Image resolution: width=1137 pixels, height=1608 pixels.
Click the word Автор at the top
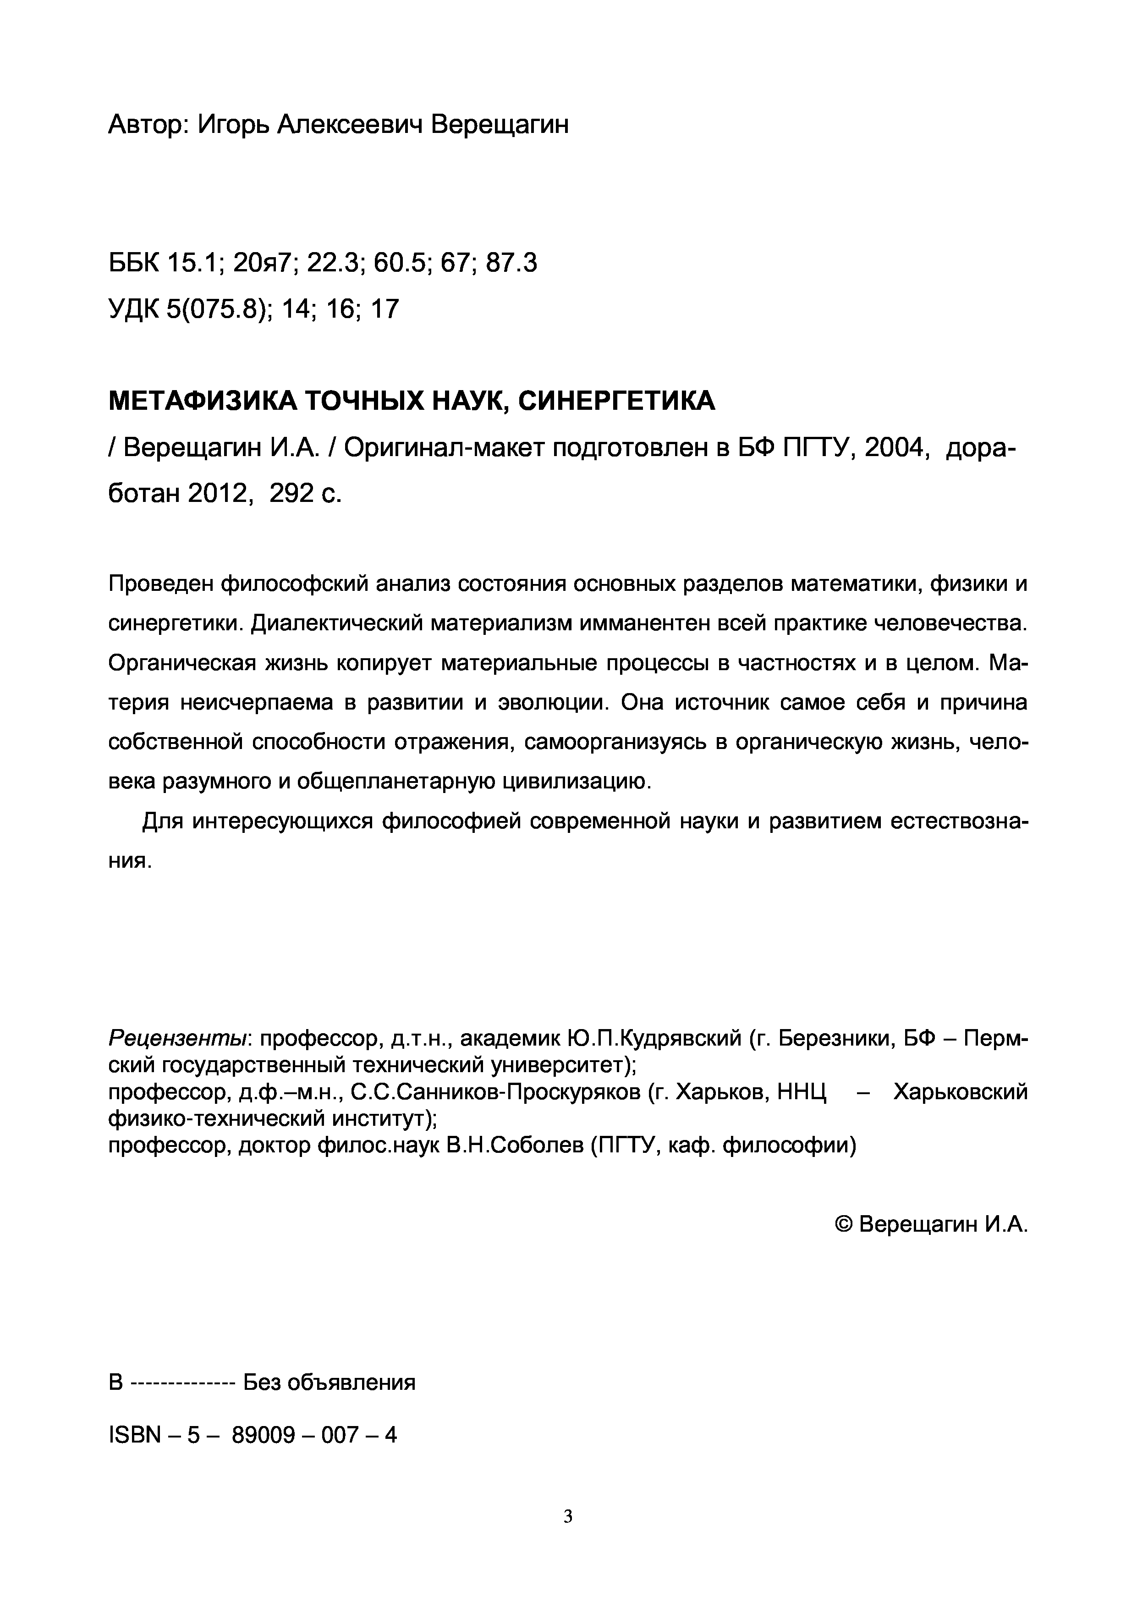147,125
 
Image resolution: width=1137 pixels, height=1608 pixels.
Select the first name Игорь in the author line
231,125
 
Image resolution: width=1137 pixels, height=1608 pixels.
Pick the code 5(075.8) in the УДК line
219,309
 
